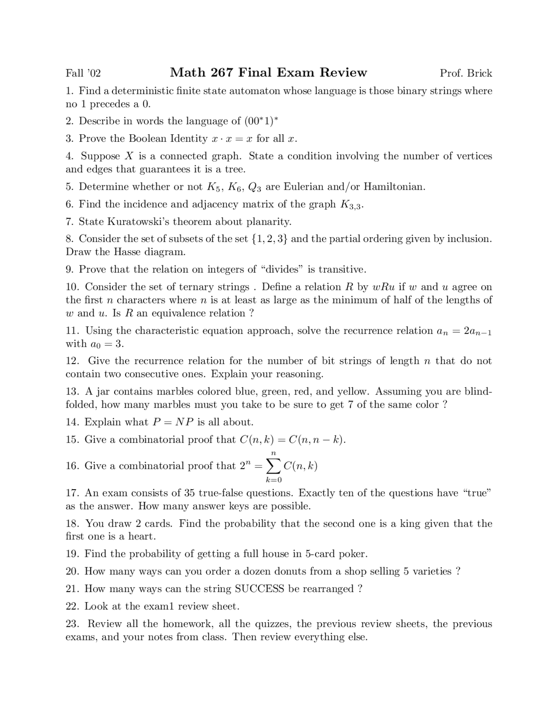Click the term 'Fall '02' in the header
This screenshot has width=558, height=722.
pos(83,73)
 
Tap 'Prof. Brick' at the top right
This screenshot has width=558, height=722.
pos(466,73)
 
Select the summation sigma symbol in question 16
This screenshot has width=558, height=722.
pos(273,467)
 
